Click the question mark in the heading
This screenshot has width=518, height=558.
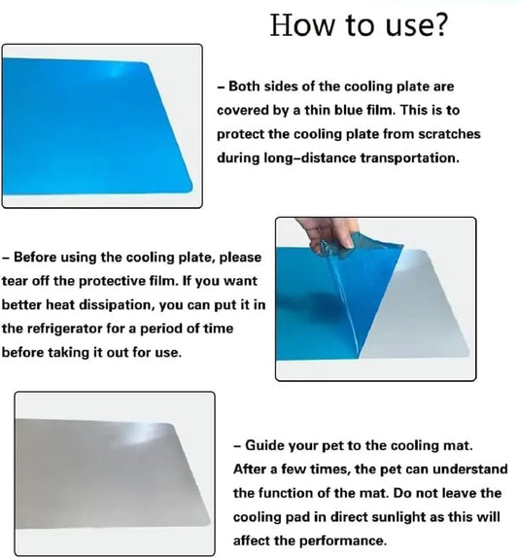tap(439, 24)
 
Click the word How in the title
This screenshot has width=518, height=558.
tap(302, 24)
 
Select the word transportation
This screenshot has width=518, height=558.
tap(409, 157)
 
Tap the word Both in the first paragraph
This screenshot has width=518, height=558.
tap(244, 87)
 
